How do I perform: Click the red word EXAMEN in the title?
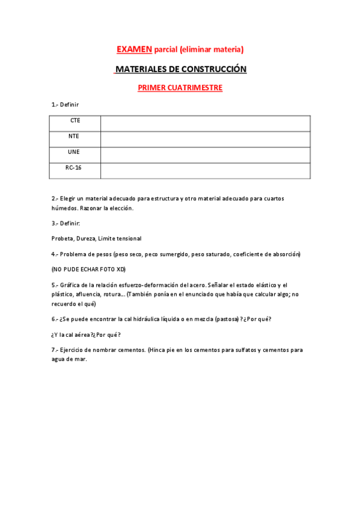click(x=134, y=49)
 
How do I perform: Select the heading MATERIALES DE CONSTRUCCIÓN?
click(x=180, y=69)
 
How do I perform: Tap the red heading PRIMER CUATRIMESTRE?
click(x=180, y=88)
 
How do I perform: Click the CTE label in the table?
click(x=75, y=121)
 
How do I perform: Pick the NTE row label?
click(x=74, y=137)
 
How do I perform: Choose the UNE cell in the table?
click(x=74, y=152)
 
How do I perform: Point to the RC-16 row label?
click(x=74, y=168)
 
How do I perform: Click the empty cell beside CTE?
click(x=205, y=123)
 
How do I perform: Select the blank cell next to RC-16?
click(x=205, y=170)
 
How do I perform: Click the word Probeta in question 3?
click(x=62, y=239)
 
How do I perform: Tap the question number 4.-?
click(x=55, y=254)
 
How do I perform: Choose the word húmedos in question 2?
click(x=64, y=208)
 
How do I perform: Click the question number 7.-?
click(x=55, y=350)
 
